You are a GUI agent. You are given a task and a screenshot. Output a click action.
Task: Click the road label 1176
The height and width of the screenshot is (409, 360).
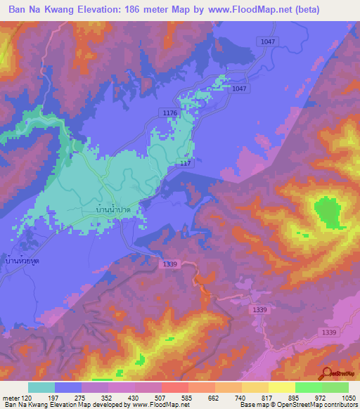click(169, 113)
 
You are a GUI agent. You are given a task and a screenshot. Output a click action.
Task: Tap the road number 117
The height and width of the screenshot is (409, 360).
click(185, 163)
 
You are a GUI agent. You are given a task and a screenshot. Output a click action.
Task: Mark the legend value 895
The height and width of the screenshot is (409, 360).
click(295, 397)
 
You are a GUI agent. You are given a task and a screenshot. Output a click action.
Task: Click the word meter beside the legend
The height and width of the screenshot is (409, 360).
click(12, 397)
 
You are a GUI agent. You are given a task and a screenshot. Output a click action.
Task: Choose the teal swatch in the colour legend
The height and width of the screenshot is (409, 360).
click(41, 387)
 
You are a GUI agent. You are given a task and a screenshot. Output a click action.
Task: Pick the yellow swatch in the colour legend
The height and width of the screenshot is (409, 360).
click(282, 387)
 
